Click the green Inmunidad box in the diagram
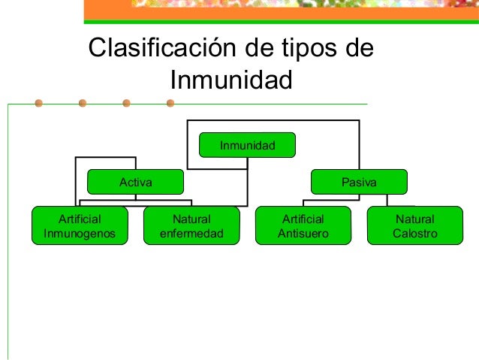[247, 144]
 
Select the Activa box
[135, 182]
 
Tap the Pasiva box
[359, 182]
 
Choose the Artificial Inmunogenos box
[80, 225]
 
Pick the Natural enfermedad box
[191, 225]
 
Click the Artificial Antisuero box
[303, 225]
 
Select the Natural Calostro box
[414, 225]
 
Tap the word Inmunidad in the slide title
[230, 78]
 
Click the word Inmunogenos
[80, 233]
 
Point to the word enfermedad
[191, 233]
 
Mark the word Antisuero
[303, 233]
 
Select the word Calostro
[414, 233]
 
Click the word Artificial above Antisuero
[303, 219]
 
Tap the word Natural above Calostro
[414, 219]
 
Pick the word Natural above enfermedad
[191, 219]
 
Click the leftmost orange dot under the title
[38, 103]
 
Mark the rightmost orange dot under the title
[170, 103]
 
